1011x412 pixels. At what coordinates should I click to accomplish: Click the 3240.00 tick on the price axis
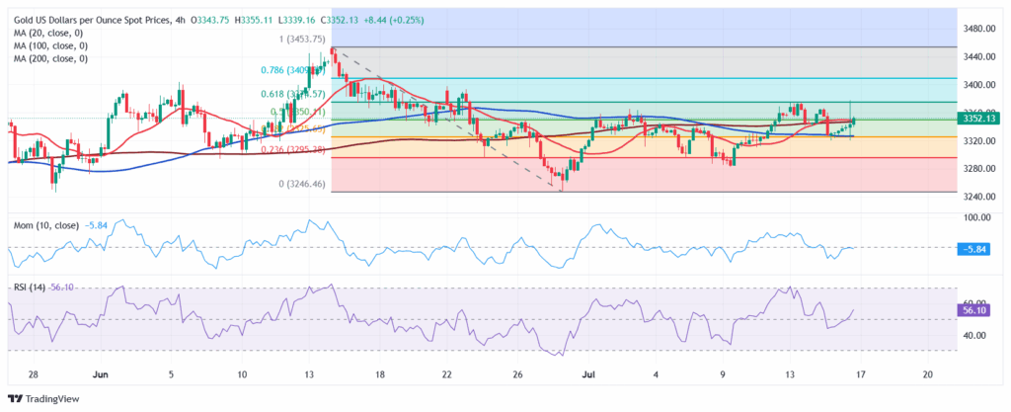[x=978, y=197]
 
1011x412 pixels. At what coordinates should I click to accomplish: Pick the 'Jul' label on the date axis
[x=589, y=376]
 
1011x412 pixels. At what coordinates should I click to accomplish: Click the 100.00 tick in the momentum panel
[x=978, y=216]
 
